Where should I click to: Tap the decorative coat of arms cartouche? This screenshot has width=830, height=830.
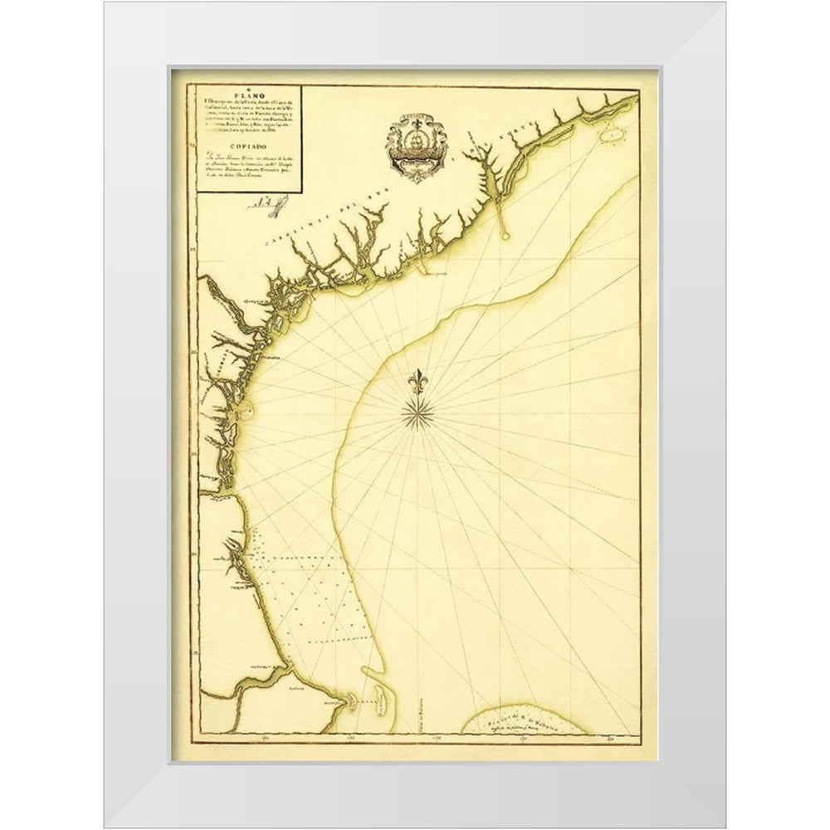click(415, 147)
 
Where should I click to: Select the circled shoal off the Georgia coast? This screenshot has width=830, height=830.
click(247, 408)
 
